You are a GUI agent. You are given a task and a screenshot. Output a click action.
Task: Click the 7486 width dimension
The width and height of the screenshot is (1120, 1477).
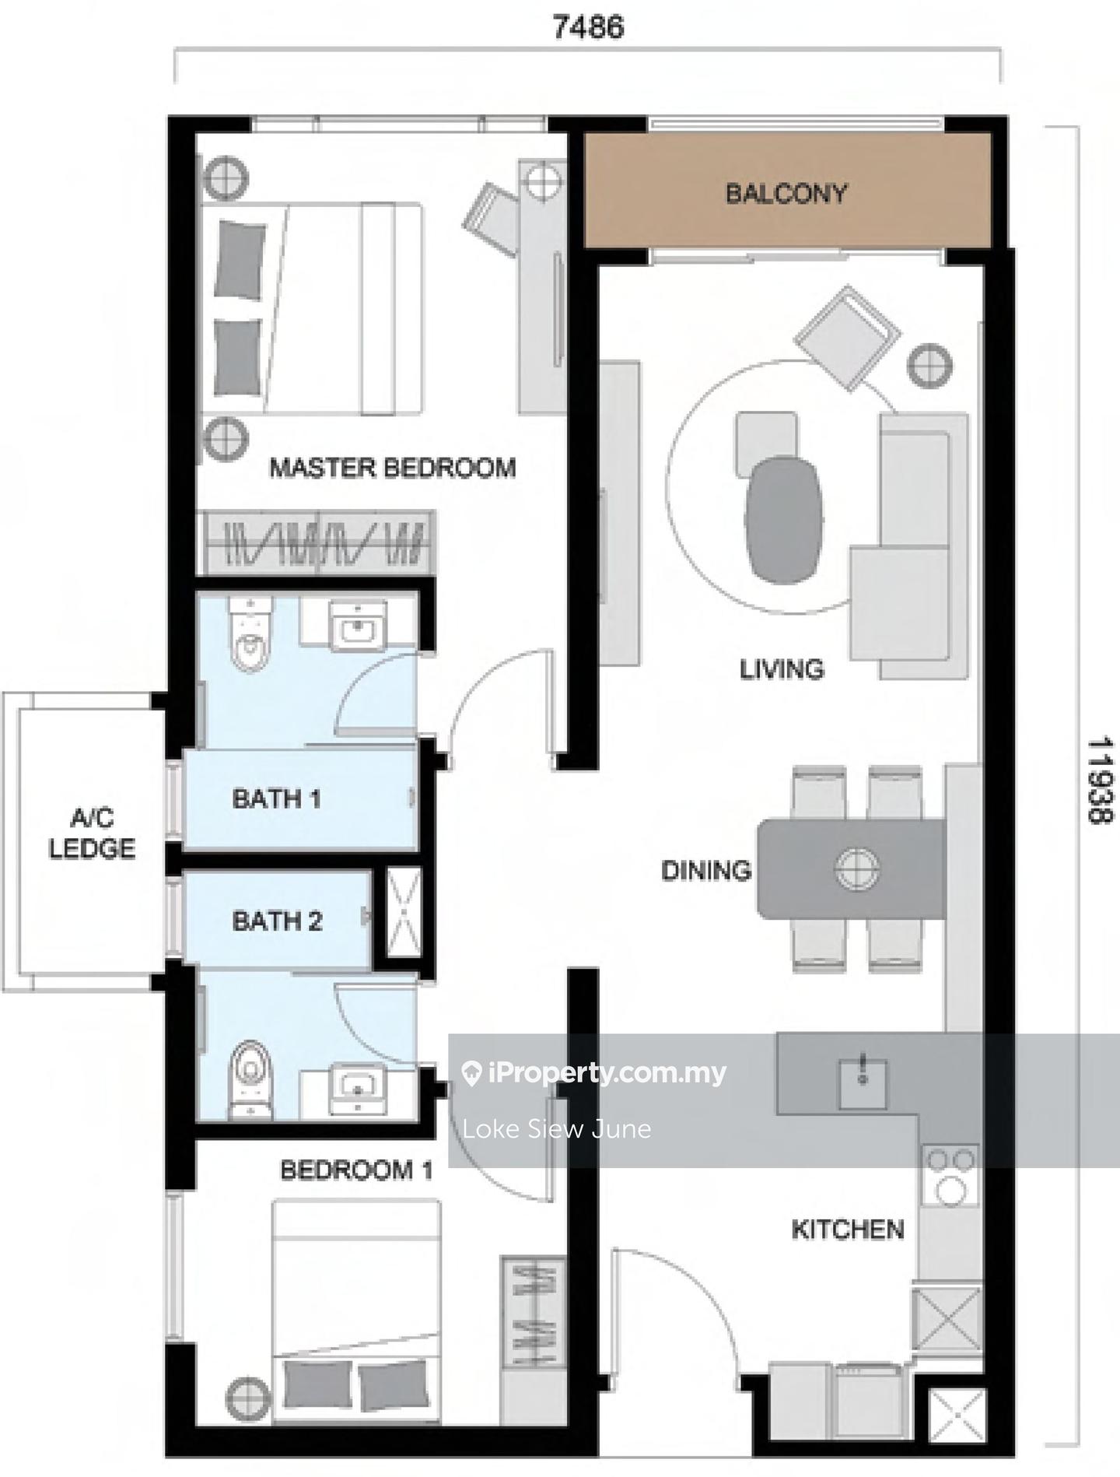tap(588, 27)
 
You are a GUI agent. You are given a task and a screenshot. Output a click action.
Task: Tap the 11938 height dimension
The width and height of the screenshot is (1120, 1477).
tap(1100, 781)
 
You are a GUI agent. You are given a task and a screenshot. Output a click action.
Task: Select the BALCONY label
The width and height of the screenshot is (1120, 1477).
tap(786, 193)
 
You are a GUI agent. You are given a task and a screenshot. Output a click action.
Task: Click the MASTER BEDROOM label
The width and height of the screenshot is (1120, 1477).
tap(393, 468)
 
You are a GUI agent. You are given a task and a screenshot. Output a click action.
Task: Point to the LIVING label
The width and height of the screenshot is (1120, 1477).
tap(782, 669)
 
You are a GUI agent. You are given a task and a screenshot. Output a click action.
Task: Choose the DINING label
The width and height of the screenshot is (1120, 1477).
tap(706, 870)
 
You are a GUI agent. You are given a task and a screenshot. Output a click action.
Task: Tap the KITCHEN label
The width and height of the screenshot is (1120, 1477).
tap(848, 1230)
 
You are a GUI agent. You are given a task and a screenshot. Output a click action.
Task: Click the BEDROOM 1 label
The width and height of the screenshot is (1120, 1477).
tap(356, 1170)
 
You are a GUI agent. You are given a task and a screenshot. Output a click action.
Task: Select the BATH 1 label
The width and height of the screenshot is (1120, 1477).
tap(276, 798)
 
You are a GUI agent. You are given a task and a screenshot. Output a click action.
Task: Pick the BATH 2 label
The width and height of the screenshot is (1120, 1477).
tap(277, 921)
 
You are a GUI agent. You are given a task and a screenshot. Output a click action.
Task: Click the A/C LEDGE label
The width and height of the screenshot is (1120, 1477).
tap(92, 833)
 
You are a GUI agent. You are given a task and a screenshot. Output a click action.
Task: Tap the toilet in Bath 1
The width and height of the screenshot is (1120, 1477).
tap(250, 634)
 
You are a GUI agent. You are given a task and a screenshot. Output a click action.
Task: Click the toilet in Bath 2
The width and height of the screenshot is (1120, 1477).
tap(250, 1080)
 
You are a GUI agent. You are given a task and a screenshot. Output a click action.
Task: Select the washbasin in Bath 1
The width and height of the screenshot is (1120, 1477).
tap(359, 624)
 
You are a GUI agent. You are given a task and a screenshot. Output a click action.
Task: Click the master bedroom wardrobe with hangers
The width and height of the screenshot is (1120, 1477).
tap(319, 542)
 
